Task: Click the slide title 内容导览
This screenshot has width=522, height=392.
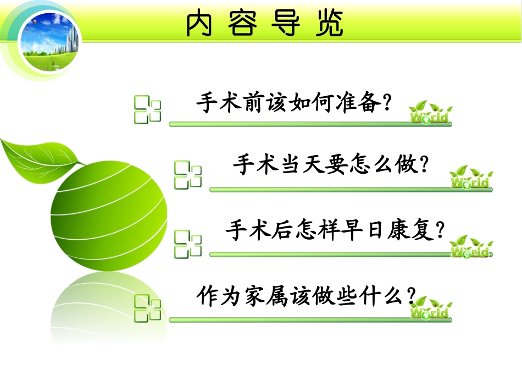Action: coord(264,23)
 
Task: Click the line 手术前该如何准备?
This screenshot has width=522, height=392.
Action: coord(294,102)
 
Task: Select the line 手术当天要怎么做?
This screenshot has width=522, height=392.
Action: coord(330,164)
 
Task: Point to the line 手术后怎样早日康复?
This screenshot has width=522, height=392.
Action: coord(335,230)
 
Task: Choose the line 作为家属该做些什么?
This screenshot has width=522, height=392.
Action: coord(306,296)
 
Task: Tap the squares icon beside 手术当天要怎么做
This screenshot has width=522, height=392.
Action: coord(188,175)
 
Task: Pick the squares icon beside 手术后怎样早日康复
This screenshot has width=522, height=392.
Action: coord(188,244)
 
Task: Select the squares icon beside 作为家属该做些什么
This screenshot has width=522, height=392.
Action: coord(147,307)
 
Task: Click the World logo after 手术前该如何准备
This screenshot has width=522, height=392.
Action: coord(431,113)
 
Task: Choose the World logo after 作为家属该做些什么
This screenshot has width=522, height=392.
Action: coord(431,309)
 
